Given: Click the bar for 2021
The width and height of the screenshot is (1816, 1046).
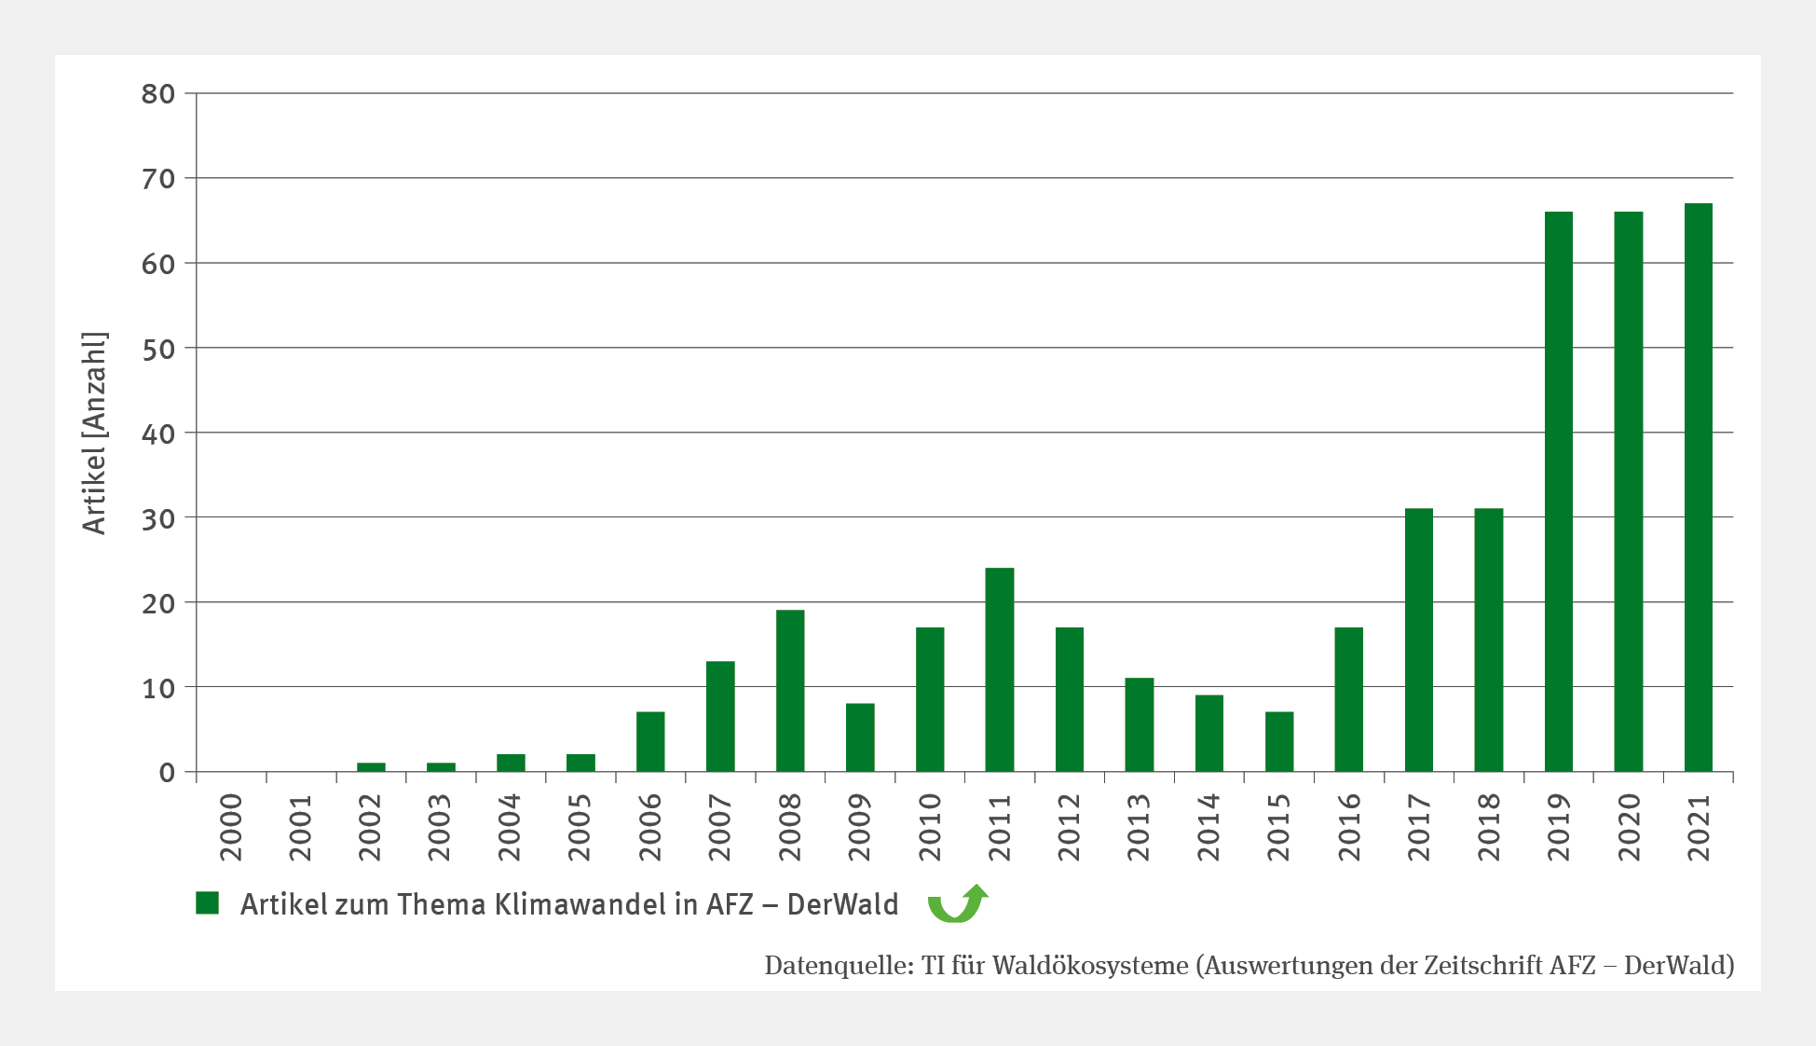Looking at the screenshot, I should (x=1698, y=488).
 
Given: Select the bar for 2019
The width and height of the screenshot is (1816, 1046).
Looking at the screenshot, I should (x=1558, y=491).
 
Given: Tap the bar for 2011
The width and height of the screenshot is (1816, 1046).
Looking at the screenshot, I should (x=1000, y=669).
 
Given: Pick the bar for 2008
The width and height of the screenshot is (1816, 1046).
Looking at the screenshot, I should (x=790, y=691).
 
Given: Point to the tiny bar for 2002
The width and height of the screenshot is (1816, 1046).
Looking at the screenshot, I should (x=371, y=767).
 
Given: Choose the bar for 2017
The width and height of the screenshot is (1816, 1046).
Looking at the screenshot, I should (x=1418, y=640).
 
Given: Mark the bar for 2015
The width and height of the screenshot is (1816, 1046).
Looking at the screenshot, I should (x=1279, y=742).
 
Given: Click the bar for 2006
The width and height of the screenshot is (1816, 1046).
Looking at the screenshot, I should (x=650, y=742).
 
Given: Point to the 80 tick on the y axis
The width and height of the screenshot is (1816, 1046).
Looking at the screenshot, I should (x=158, y=93).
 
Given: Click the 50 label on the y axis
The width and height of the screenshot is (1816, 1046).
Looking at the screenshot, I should (x=158, y=349).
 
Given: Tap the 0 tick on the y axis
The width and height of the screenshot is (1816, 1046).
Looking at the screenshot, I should (x=167, y=773).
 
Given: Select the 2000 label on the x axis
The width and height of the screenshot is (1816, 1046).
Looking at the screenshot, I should (x=231, y=827).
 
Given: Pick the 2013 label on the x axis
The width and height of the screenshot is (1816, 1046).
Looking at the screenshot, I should (x=1139, y=827).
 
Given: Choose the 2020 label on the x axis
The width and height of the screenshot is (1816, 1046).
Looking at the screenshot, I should (x=1629, y=827).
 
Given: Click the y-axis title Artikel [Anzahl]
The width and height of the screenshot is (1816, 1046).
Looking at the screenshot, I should (x=95, y=433).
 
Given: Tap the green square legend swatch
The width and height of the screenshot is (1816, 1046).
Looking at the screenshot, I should (x=207, y=902).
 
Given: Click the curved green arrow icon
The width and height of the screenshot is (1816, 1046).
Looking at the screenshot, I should (x=957, y=903).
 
